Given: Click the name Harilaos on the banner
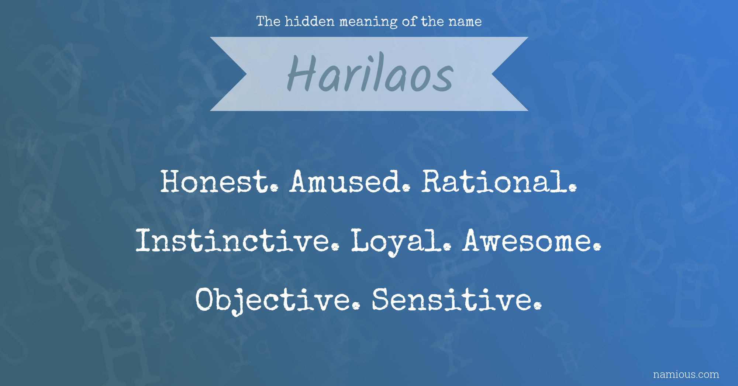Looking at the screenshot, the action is coord(370,73).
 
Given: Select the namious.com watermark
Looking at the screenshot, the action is coord(686,375).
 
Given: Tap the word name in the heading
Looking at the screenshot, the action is coord(465,22).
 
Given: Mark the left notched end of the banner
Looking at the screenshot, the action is coord(246,74).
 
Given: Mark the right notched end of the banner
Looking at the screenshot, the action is coord(492,74).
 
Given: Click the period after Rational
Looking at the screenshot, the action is coord(572,188).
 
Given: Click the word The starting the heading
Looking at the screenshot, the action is coord(268,21).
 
